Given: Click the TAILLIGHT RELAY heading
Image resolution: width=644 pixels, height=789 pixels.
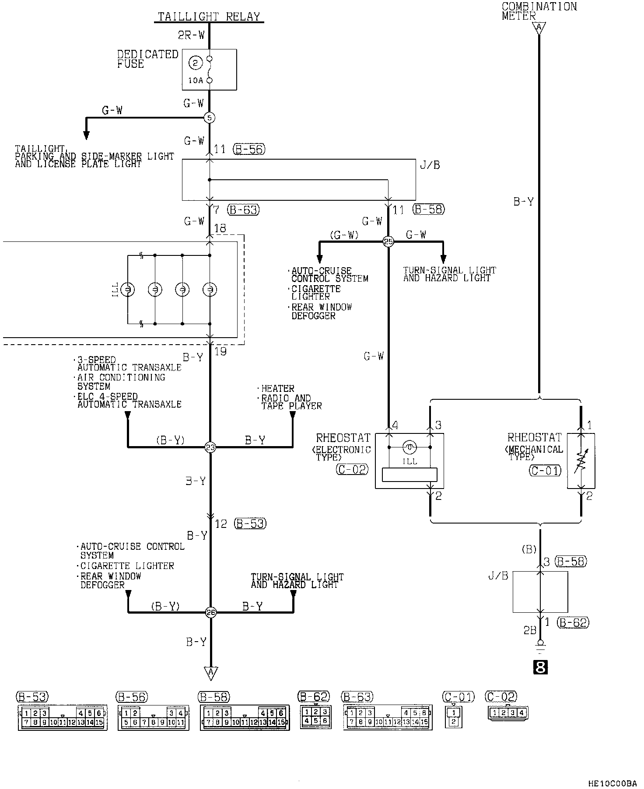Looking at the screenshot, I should (209, 17).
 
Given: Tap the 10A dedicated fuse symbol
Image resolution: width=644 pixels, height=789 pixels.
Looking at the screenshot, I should (209, 70).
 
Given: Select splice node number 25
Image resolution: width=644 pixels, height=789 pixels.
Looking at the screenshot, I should (388, 241).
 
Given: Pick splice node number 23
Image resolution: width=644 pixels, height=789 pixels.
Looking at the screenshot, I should (210, 447).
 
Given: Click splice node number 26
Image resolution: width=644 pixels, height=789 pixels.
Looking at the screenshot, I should (210, 612).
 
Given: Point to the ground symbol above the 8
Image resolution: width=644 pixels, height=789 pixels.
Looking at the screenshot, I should (541, 646).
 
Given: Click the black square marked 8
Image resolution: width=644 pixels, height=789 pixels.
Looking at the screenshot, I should (541, 667).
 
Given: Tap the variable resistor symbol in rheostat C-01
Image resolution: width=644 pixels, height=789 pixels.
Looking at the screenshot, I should (581, 461).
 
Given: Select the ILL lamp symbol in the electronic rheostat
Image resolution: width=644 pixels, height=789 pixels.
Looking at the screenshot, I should (410, 447).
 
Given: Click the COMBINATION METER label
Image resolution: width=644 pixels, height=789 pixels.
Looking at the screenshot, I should (539, 11).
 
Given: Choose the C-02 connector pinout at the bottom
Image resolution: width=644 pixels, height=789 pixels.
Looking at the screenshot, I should (508, 713).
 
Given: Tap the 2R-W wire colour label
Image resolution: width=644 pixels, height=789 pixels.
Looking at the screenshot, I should (191, 35).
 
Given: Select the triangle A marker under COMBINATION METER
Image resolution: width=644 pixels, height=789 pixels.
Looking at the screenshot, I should (539, 28).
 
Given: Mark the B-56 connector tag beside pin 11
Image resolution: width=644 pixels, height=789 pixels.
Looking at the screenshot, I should (249, 149).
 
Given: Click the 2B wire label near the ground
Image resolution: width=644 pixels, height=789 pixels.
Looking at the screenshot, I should (530, 631).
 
